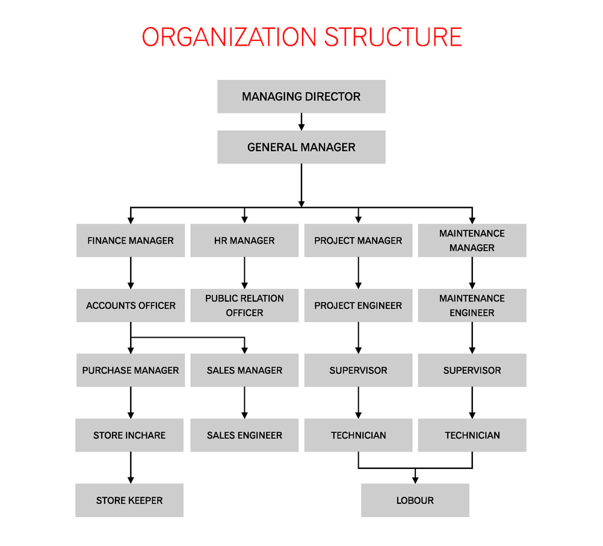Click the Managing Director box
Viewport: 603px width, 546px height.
pos(301,96)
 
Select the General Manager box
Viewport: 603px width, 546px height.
pos(301,147)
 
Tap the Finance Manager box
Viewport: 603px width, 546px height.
pos(131,240)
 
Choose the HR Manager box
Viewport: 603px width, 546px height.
pos(244,240)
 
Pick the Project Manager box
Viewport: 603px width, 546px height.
pos(358,240)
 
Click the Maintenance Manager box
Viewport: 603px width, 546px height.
pos(472,240)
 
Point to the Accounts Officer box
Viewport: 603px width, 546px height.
pos(131,306)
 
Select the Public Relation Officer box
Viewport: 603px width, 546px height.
pos(244,306)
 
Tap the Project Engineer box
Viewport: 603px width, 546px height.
pos(358,306)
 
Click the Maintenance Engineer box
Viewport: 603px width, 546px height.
pos(472,306)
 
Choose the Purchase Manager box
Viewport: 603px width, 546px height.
pos(131,370)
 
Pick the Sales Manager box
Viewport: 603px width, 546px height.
pos(244,370)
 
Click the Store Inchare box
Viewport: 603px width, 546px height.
pos(129,435)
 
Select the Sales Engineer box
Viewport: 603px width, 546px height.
pos(244,435)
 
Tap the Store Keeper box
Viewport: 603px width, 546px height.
pos(129,500)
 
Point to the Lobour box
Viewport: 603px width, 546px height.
pos(415,500)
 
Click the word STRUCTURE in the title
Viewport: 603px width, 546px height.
pos(392,37)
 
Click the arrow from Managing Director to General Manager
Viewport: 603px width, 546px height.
pos(301,122)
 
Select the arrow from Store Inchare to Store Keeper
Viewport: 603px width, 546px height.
pos(131,468)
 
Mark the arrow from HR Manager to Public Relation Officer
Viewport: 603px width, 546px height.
pos(244,273)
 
